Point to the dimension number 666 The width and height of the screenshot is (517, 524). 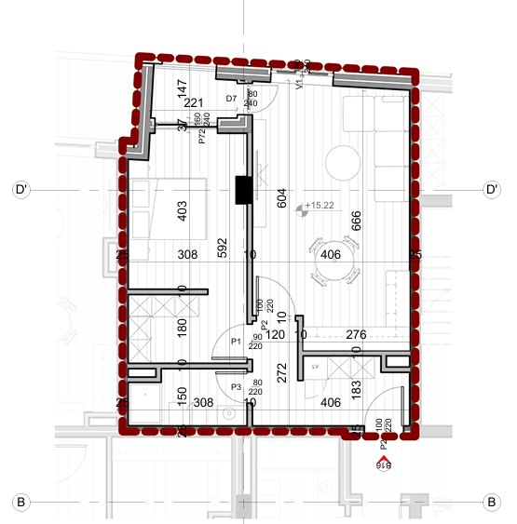355,222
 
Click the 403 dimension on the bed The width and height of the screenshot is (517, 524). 183,212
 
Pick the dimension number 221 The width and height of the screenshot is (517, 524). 193,103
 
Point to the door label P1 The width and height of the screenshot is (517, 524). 236,343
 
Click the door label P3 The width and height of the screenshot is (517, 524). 236,386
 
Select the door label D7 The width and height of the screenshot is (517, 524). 232,98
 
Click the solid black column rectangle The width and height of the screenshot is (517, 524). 244,189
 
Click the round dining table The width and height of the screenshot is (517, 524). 335,270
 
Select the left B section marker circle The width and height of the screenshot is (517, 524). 20,502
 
